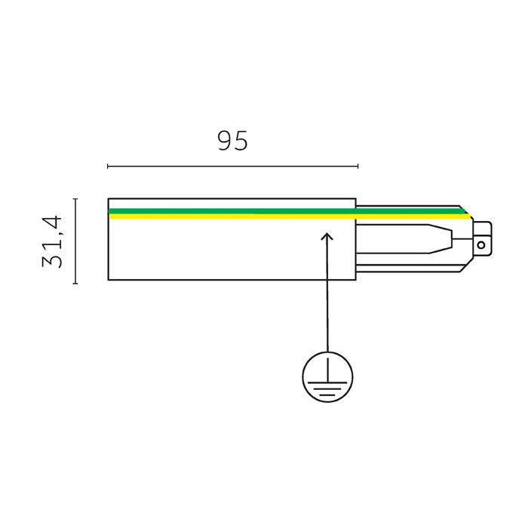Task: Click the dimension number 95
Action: tap(232, 141)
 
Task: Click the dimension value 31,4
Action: tap(52, 242)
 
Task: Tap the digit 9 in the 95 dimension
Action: tap(225, 141)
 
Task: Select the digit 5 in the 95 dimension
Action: tap(241, 141)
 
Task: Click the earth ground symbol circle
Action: tap(327, 352)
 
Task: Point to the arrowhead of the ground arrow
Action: tap(327, 235)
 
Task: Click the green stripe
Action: tap(286, 211)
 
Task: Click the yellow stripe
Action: tap(290, 216)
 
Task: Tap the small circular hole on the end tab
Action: tap(481, 245)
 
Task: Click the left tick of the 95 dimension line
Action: tap(108, 166)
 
